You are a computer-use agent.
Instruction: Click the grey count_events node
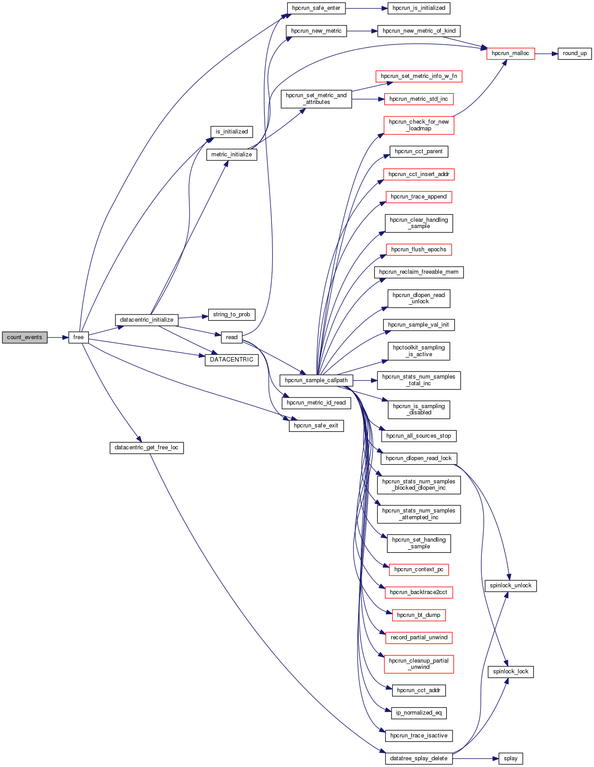[24, 337]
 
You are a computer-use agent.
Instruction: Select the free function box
[79, 337]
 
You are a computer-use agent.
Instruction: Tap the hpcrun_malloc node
[510, 53]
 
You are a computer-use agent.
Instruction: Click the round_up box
[575, 53]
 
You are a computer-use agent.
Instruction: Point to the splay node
[511, 758]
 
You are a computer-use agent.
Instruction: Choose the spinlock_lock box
[511, 672]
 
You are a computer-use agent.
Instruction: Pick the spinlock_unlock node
[511, 586]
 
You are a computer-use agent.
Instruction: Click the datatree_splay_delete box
[419, 758]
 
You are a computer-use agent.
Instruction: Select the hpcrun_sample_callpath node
[316, 380]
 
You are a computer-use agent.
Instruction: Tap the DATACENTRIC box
[231, 360]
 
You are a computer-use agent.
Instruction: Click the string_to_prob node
[231, 315]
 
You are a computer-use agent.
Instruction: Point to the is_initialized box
[231, 132]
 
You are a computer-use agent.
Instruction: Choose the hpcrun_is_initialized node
[419, 8]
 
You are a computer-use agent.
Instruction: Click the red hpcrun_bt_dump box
[419, 615]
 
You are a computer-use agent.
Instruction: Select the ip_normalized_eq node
[419, 713]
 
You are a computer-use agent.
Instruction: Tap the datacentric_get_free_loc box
[146, 448]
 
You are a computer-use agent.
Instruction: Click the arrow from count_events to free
[57, 337]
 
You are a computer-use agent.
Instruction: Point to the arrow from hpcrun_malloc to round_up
[546, 53]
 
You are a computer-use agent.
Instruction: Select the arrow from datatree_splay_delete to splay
[476, 758]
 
